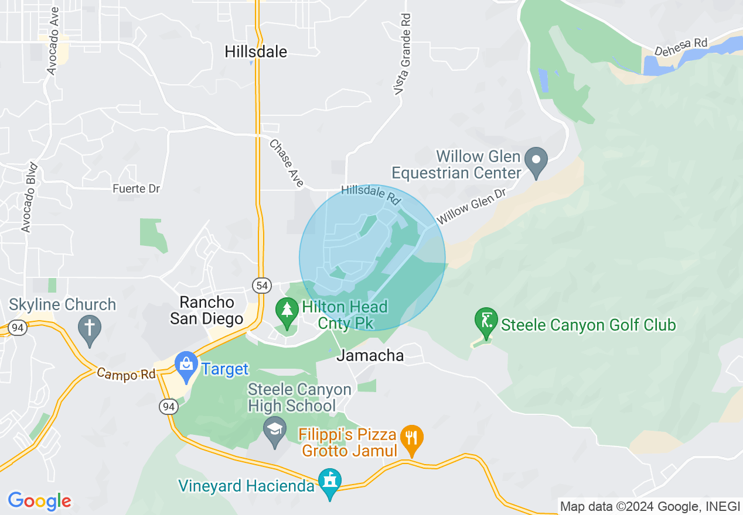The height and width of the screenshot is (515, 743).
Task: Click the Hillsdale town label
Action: pos(256,52)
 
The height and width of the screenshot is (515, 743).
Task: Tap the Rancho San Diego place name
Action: pos(206,311)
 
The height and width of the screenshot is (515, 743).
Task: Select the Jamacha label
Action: pos(370,355)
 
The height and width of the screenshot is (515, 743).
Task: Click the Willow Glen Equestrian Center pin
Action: pos(536,160)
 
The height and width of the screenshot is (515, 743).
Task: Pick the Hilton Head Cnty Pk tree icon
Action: pos(287,310)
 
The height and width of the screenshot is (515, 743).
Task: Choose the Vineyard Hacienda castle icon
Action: pos(329,481)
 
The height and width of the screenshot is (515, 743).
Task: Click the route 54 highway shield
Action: pos(262,286)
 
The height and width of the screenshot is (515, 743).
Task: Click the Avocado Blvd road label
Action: pos(29,197)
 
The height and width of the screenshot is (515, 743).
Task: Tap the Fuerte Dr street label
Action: pos(137,189)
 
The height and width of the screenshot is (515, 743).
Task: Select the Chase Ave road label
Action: pos(287,163)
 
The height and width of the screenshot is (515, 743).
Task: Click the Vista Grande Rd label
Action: pos(403,54)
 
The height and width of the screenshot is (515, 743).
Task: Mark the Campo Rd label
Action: pos(126,373)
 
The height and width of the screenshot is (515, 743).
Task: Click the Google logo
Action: pos(39,501)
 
